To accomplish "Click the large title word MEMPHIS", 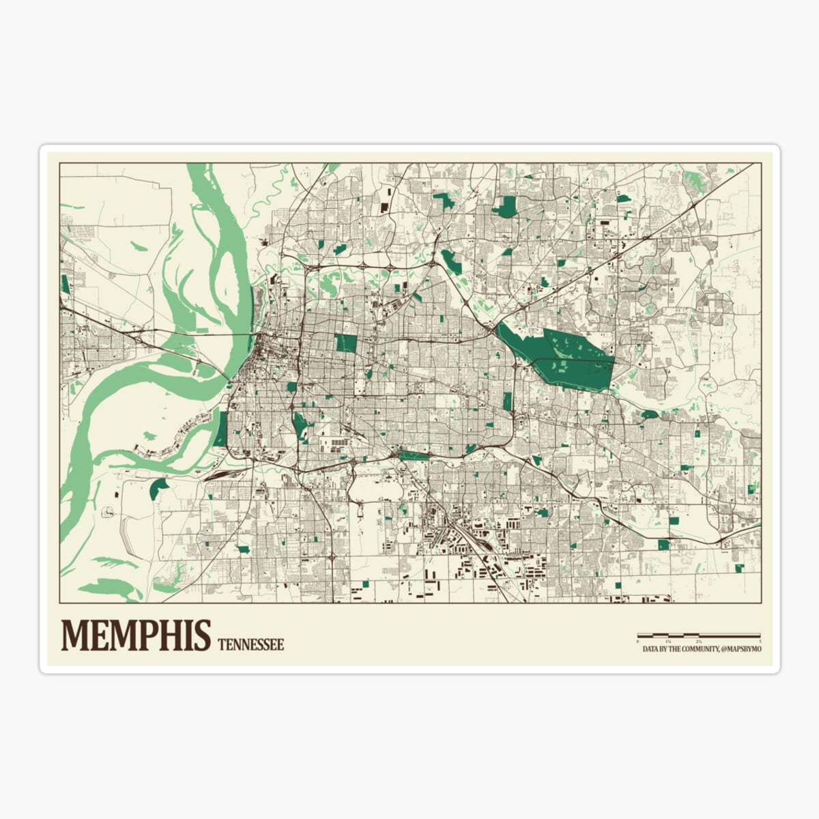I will coord(136,635).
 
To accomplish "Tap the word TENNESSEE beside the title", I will coord(250,644).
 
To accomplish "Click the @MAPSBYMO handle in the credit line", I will coord(741,650).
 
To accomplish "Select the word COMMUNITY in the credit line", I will coord(695,650).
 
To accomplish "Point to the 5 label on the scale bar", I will coord(760,642).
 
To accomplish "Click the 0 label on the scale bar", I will coord(637,642).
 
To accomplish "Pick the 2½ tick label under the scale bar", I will coord(698,642).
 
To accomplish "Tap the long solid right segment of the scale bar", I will coord(730,636).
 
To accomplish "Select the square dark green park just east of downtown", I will coord(346,343).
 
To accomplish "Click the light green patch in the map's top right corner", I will coord(694,179).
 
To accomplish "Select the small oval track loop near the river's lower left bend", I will coord(109,511).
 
